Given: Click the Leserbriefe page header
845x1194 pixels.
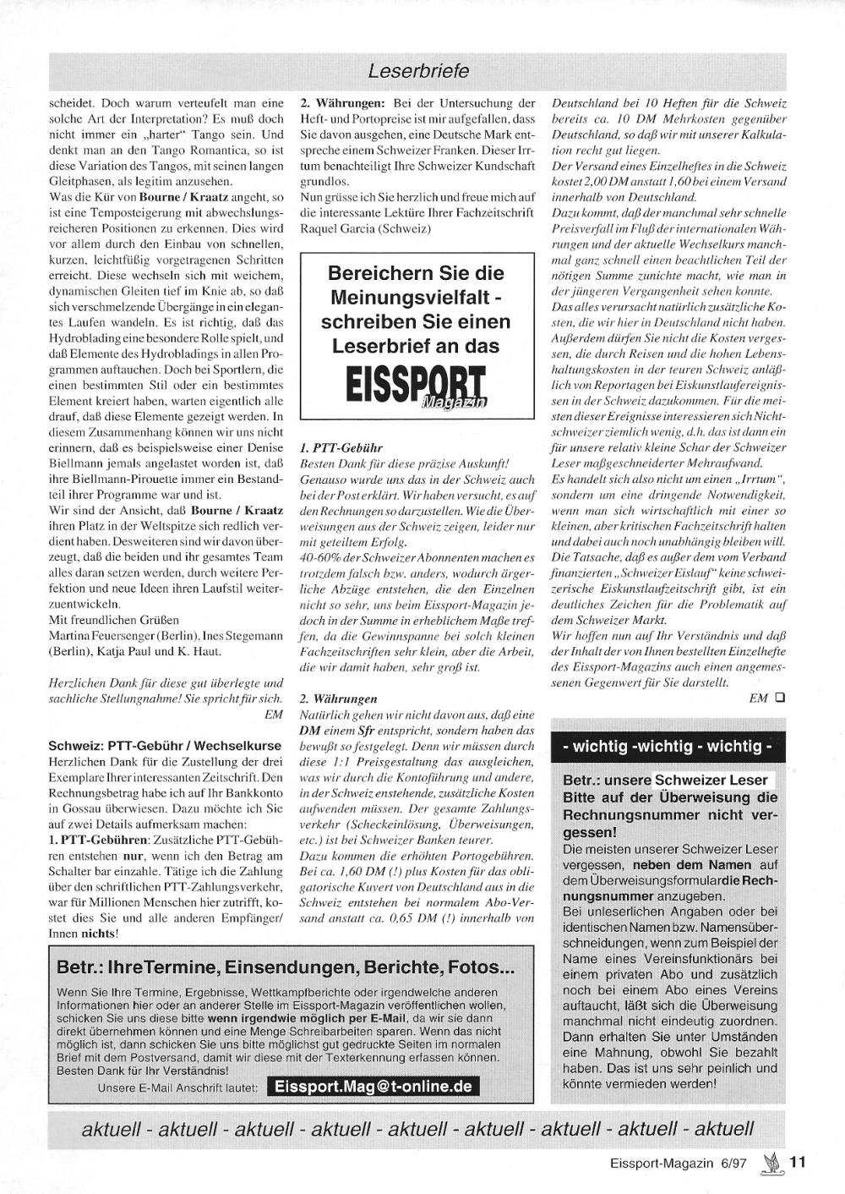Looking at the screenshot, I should [418, 71].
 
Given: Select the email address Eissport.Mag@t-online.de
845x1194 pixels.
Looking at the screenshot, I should [373, 1087].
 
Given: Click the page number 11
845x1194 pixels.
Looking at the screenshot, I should [798, 1162].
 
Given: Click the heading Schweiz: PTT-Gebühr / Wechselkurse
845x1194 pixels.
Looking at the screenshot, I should [165, 746].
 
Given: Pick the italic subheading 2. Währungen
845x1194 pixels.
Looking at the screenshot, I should [338, 699].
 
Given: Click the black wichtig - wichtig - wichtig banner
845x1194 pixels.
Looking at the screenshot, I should [668, 747].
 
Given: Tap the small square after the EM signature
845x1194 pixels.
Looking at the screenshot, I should [779, 698].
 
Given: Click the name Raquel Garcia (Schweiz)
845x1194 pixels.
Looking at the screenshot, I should [366, 228].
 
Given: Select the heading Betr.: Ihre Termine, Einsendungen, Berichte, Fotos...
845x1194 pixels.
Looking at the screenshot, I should [285, 967].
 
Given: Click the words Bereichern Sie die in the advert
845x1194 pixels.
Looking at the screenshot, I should [416, 274].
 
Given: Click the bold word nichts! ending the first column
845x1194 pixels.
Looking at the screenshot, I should [100, 934].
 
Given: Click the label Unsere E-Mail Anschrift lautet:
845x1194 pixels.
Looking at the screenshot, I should [177, 1087].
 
